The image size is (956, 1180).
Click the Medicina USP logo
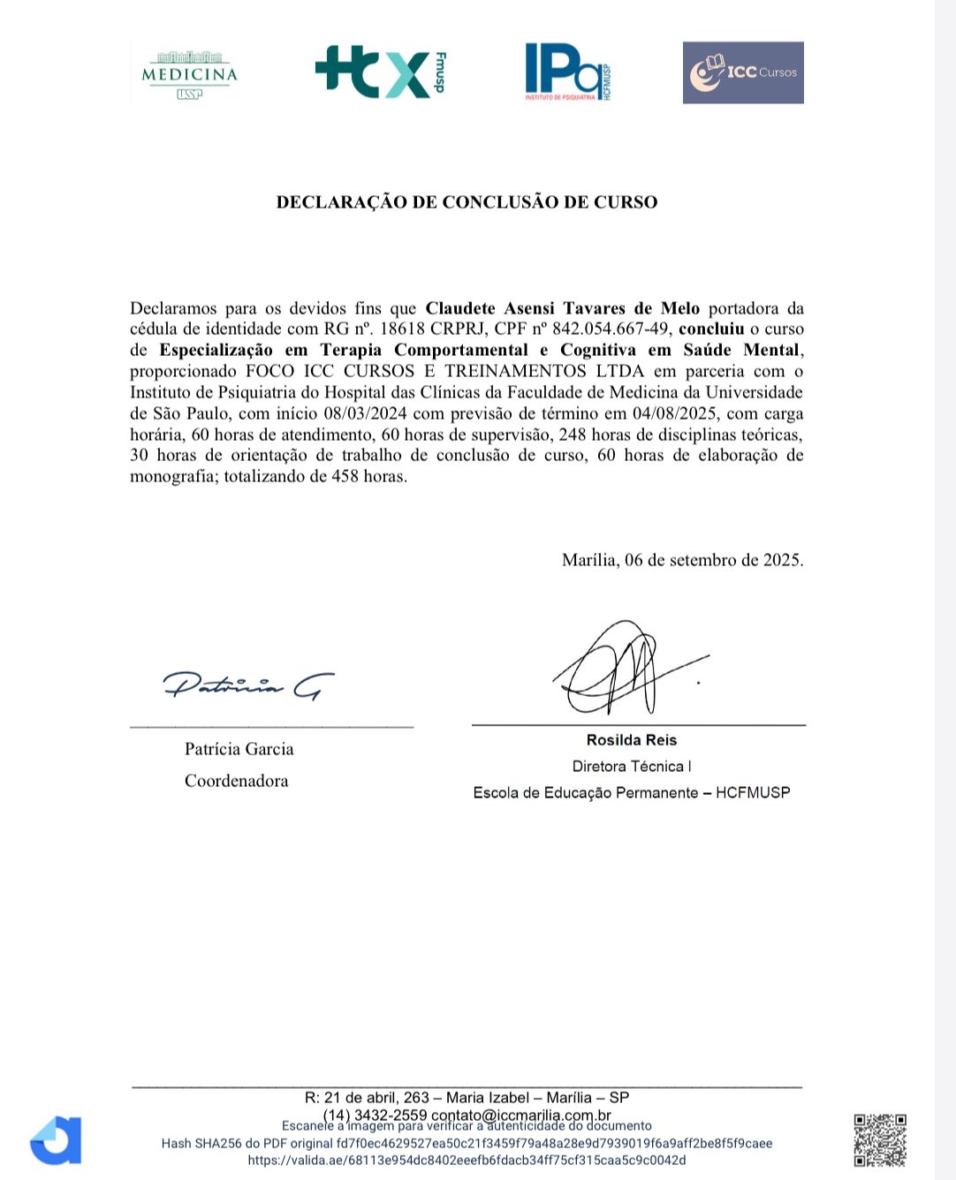pos(189,74)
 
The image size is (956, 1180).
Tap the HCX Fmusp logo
pos(380,72)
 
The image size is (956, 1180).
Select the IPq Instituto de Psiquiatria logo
pos(567,72)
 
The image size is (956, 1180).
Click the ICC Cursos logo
pos(743,72)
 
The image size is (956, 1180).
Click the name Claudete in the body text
pos(462,308)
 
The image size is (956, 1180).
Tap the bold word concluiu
pos(711,329)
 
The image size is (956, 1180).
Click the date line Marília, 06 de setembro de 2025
pos(682,560)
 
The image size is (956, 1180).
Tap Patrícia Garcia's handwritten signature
pos(248,685)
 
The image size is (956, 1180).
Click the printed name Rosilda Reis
pos(631,740)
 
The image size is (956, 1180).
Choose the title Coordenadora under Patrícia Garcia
pos(236,781)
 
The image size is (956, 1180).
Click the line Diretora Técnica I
pos(631,767)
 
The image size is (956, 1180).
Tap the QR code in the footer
pos(880,1140)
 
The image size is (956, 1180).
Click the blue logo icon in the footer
pos(57,1140)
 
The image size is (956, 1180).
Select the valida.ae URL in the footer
pos(467,1161)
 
